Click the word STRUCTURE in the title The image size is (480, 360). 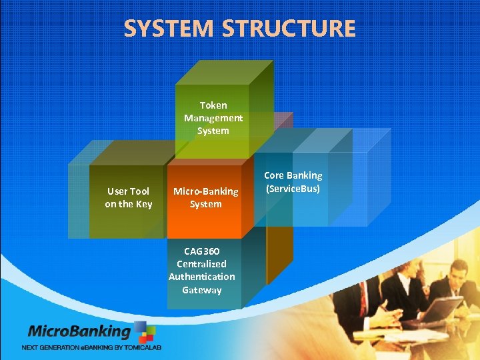pyautogui.click(x=289, y=29)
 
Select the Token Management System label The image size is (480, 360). pyautogui.click(x=213, y=118)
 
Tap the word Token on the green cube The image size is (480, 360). pyautogui.click(x=213, y=105)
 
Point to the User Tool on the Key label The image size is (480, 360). pyautogui.click(x=129, y=197)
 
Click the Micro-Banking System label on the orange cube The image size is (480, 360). pyautogui.click(x=205, y=197)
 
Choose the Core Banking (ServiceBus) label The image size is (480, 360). pyautogui.click(x=293, y=182)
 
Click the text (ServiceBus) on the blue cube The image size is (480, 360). pyautogui.click(x=293, y=189)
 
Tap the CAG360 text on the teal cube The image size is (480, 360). pyautogui.click(x=202, y=251)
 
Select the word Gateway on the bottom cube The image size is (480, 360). pyautogui.click(x=202, y=290)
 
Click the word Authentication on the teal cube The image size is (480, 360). pyautogui.click(x=202, y=277)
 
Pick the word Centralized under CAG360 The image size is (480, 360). pyautogui.click(x=202, y=264)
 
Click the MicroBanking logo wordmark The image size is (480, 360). pyautogui.click(x=79, y=331)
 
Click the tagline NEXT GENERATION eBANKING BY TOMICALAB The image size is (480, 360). pyautogui.click(x=91, y=347)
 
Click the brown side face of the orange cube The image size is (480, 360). pyautogui.click(x=279, y=220)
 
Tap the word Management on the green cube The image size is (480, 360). pyautogui.click(x=213, y=118)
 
